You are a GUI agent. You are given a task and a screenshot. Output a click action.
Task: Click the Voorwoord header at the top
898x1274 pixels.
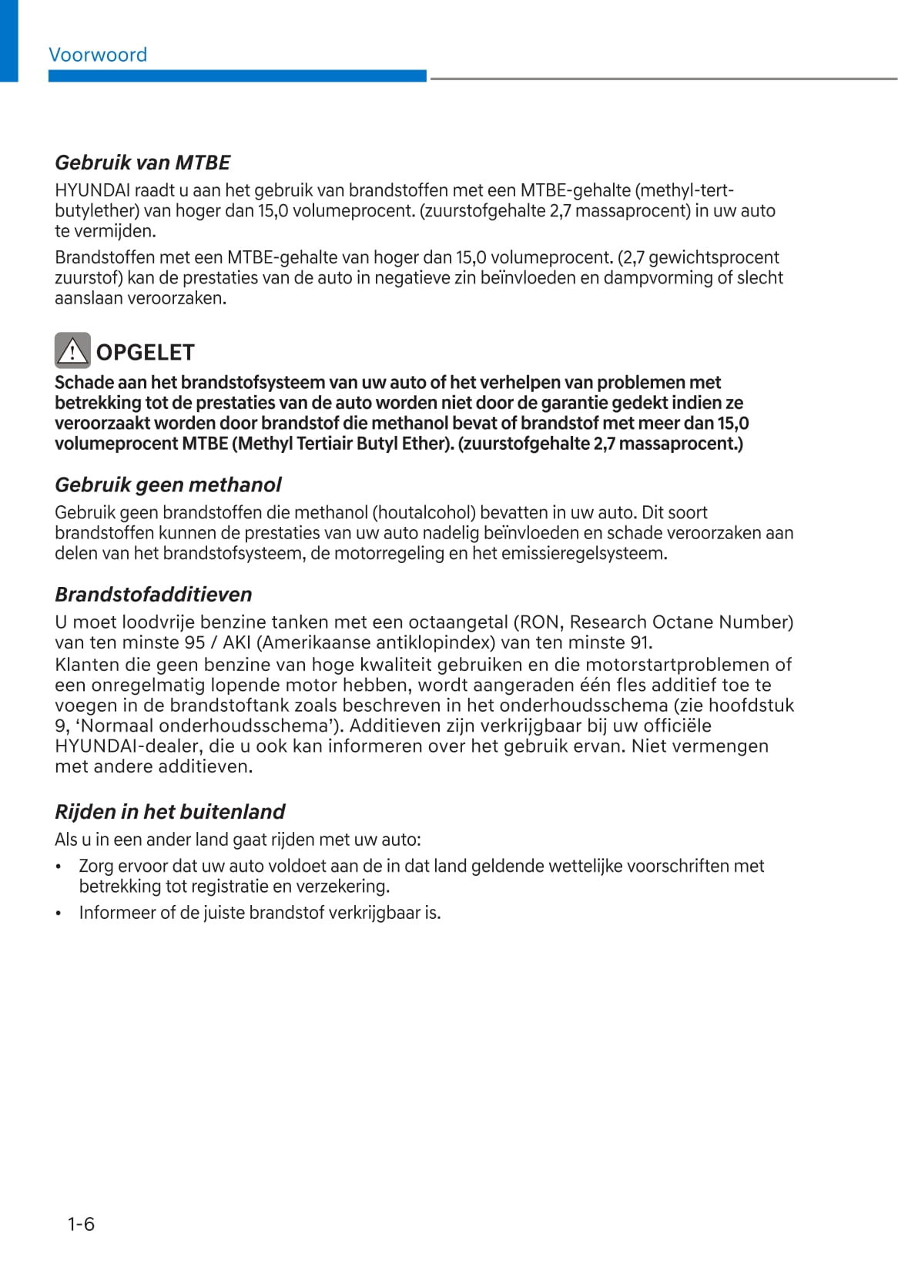[98, 55]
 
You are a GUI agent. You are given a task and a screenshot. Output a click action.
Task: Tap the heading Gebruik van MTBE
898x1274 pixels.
[142, 163]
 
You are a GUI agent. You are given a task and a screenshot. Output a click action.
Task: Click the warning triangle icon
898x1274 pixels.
[72, 350]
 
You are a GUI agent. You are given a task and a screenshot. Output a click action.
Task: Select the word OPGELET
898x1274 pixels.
[145, 352]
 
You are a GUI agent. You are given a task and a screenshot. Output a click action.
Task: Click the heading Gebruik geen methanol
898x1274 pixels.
[168, 484]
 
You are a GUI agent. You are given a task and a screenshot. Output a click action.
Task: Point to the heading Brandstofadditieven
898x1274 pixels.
[153, 595]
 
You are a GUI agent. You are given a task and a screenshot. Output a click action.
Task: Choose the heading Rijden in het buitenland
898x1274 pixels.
[169, 812]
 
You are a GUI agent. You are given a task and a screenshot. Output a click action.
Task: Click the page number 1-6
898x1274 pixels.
[81, 1224]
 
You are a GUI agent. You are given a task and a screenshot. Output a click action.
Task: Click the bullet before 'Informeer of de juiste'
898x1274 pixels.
[59, 914]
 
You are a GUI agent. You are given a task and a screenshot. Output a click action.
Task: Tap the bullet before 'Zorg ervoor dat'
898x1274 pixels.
[59, 867]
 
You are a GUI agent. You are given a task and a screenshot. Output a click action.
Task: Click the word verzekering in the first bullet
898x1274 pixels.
[341, 887]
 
